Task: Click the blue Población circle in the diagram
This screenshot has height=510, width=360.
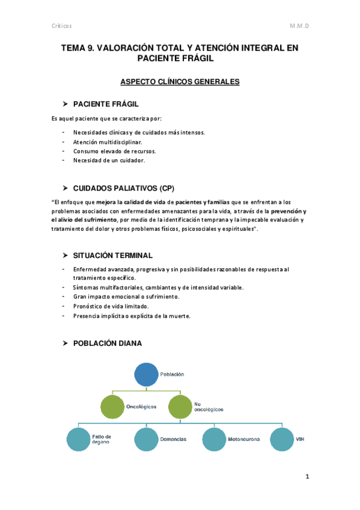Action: [145, 373]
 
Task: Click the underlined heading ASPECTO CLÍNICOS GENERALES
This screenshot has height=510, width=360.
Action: [180, 82]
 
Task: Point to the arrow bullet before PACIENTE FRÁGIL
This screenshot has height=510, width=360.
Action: [67, 104]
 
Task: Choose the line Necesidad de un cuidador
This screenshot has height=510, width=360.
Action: [109, 161]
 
